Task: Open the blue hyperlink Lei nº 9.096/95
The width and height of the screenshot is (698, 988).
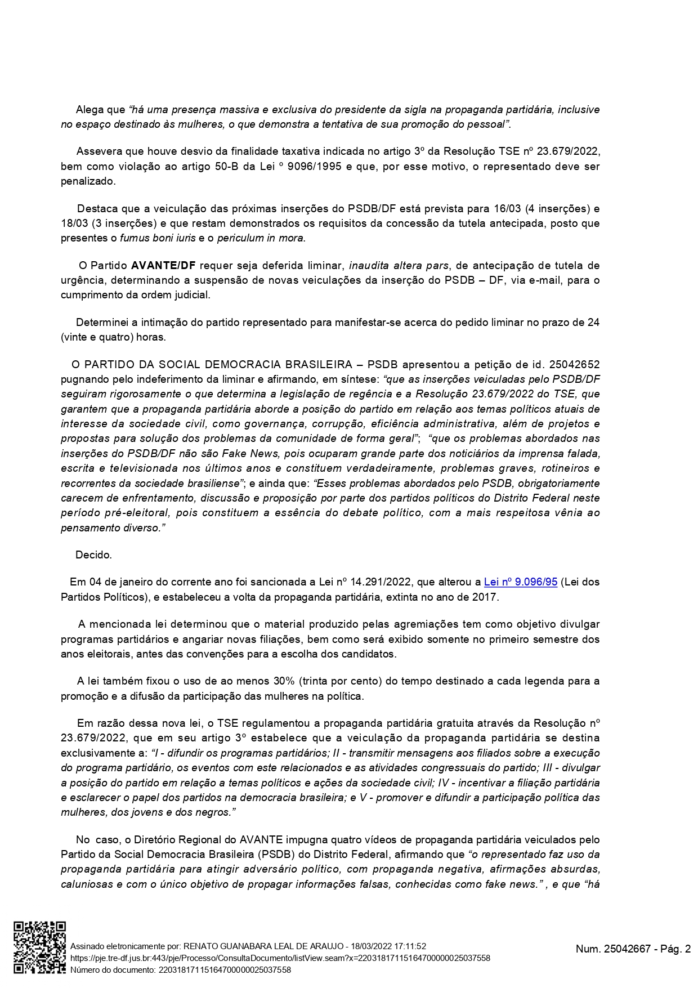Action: pos(520,582)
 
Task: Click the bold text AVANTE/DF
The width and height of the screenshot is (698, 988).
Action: pos(163,265)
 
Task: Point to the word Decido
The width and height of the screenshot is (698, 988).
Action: pos(93,555)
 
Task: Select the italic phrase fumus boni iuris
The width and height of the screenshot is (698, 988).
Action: pos(158,238)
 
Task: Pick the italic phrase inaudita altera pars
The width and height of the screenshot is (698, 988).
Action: pos(399,265)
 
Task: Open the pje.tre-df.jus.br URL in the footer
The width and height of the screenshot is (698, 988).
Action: pos(280,958)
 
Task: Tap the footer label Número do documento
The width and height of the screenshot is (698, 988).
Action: pos(112,969)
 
